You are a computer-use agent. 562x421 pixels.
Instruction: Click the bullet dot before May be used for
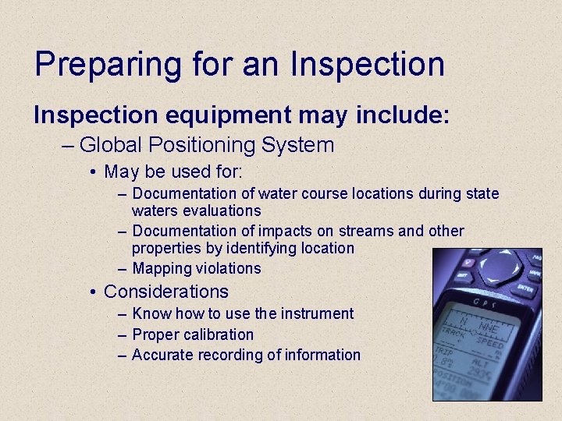click(93, 172)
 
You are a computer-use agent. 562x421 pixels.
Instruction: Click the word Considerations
click(166, 292)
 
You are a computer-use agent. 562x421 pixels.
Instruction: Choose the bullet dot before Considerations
click(93, 292)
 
